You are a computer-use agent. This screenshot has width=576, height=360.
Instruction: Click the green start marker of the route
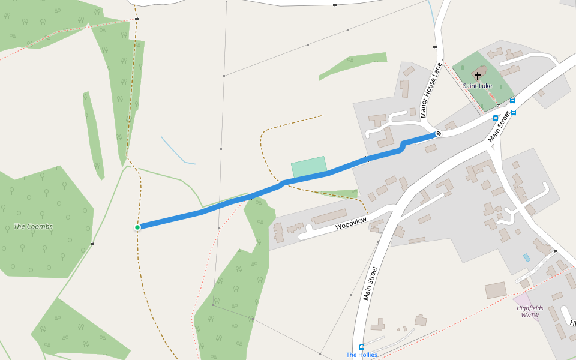[137, 227]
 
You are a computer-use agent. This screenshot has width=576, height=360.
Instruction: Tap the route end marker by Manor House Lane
[439, 133]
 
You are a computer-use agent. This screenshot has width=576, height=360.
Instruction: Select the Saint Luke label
[478, 86]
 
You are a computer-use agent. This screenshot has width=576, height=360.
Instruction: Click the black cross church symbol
[478, 76]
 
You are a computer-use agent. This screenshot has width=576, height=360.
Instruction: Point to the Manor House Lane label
[431, 89]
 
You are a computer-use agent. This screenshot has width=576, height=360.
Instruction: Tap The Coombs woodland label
[33, 226]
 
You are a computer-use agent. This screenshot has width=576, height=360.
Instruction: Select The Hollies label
[362, 355]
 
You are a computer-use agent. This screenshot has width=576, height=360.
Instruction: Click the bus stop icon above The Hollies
[361, 347]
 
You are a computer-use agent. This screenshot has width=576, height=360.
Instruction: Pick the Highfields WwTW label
[530, 311]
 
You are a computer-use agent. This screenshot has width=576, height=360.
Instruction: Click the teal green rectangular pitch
[309, 167]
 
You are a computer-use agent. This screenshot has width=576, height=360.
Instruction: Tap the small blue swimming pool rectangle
[526, 257]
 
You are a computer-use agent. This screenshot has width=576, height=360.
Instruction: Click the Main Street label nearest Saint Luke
[499, 127]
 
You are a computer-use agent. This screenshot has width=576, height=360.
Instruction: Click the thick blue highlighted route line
[240, 199]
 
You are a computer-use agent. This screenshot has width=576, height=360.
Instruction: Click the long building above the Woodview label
[329, 217]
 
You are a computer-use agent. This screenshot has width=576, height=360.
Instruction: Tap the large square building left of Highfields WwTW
[496, 290]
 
